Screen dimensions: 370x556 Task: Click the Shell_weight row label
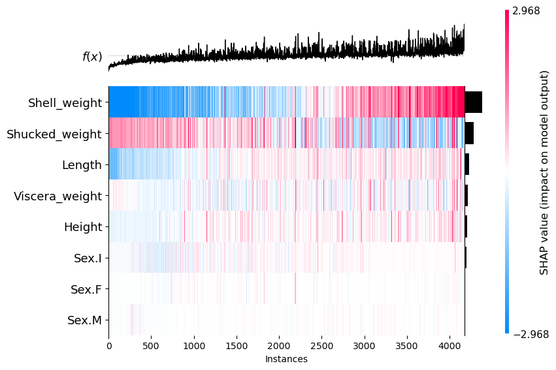[x=65, y=102]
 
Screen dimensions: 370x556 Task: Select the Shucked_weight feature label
[x=54, y=134]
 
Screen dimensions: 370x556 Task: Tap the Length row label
[x=82, y=165]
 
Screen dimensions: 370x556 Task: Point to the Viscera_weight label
[x=57, y=196]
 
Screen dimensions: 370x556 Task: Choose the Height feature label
[x=83, y=227]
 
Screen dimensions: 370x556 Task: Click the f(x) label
[x=92, y=57]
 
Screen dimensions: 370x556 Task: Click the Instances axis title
[x=286, y=359]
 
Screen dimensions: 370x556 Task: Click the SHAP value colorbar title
[x=544, y=172]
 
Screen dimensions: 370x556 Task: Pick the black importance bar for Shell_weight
[x=473, y=102]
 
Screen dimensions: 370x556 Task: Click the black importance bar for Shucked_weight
[x=469, y=134]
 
